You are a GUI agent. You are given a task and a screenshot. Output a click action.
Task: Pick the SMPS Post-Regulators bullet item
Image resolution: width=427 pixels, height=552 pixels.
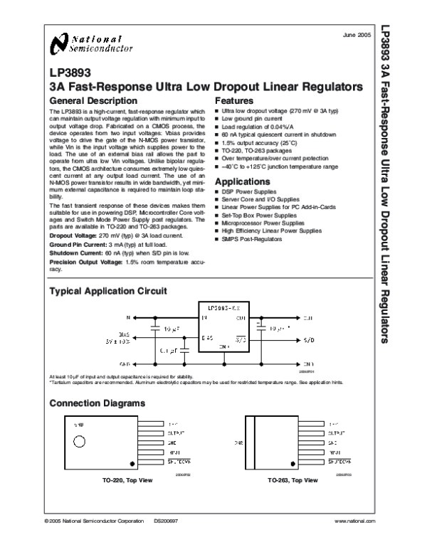[x=252, y=239]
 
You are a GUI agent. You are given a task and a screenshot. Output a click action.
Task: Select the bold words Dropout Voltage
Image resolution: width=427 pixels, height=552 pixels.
[x=73, y=235]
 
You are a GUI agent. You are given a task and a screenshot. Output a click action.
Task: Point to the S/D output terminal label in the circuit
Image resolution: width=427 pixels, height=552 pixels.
[x=309, y=340]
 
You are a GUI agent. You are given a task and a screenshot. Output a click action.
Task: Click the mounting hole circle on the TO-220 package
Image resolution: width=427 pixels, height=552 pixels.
[x=80, y=442]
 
